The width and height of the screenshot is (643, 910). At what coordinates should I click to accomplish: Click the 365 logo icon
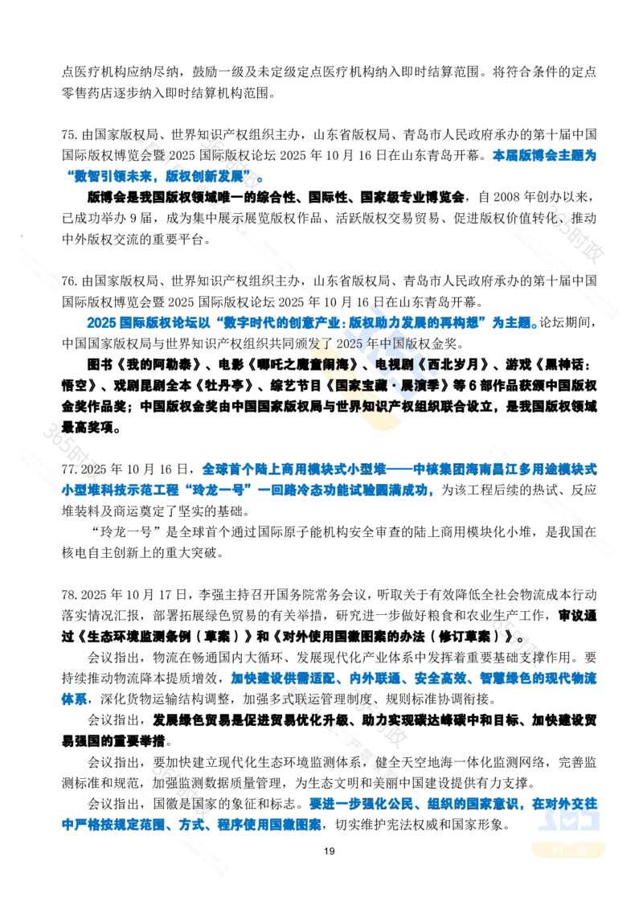tap(568, 818)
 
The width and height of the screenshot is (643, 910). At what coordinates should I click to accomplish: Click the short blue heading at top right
tap(543, 156)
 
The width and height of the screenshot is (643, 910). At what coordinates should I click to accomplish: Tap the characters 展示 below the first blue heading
tap(233, 217)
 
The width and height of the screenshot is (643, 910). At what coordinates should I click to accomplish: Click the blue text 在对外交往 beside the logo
tap(565, 801)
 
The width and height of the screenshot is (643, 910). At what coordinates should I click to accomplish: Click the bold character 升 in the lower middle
tap(327, 720)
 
